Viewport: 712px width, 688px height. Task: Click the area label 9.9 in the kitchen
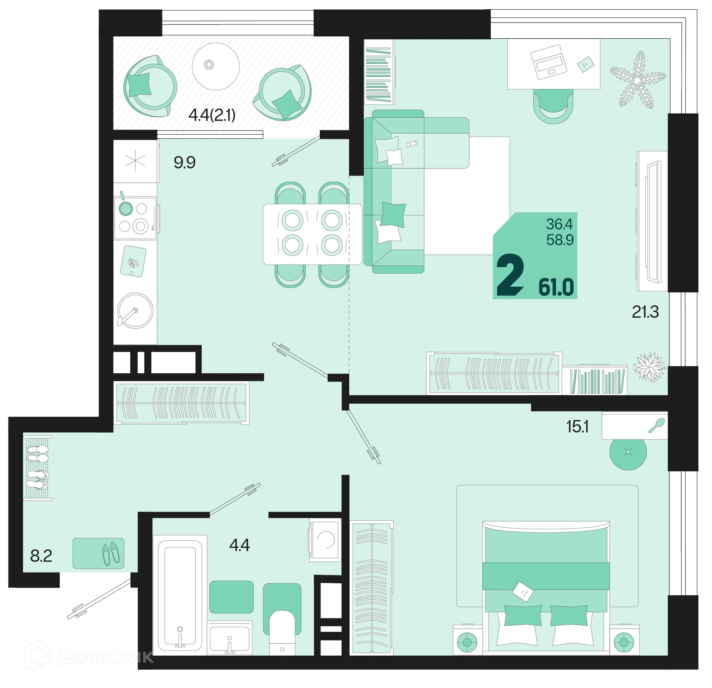184,163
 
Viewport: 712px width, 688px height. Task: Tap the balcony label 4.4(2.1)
212,115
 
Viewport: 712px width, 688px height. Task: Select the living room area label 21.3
645,312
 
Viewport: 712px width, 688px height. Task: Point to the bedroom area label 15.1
577,427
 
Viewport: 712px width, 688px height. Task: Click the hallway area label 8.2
41,556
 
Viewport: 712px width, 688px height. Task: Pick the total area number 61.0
556,287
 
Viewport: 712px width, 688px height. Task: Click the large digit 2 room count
510,275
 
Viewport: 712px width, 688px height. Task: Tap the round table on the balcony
215,66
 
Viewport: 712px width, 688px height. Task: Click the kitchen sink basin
135,311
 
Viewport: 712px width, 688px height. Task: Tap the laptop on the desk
549,62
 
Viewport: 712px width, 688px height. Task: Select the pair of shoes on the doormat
111,553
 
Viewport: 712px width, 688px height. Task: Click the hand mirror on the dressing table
657,425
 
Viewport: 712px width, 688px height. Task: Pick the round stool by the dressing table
628,452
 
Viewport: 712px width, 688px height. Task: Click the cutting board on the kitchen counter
133,261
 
